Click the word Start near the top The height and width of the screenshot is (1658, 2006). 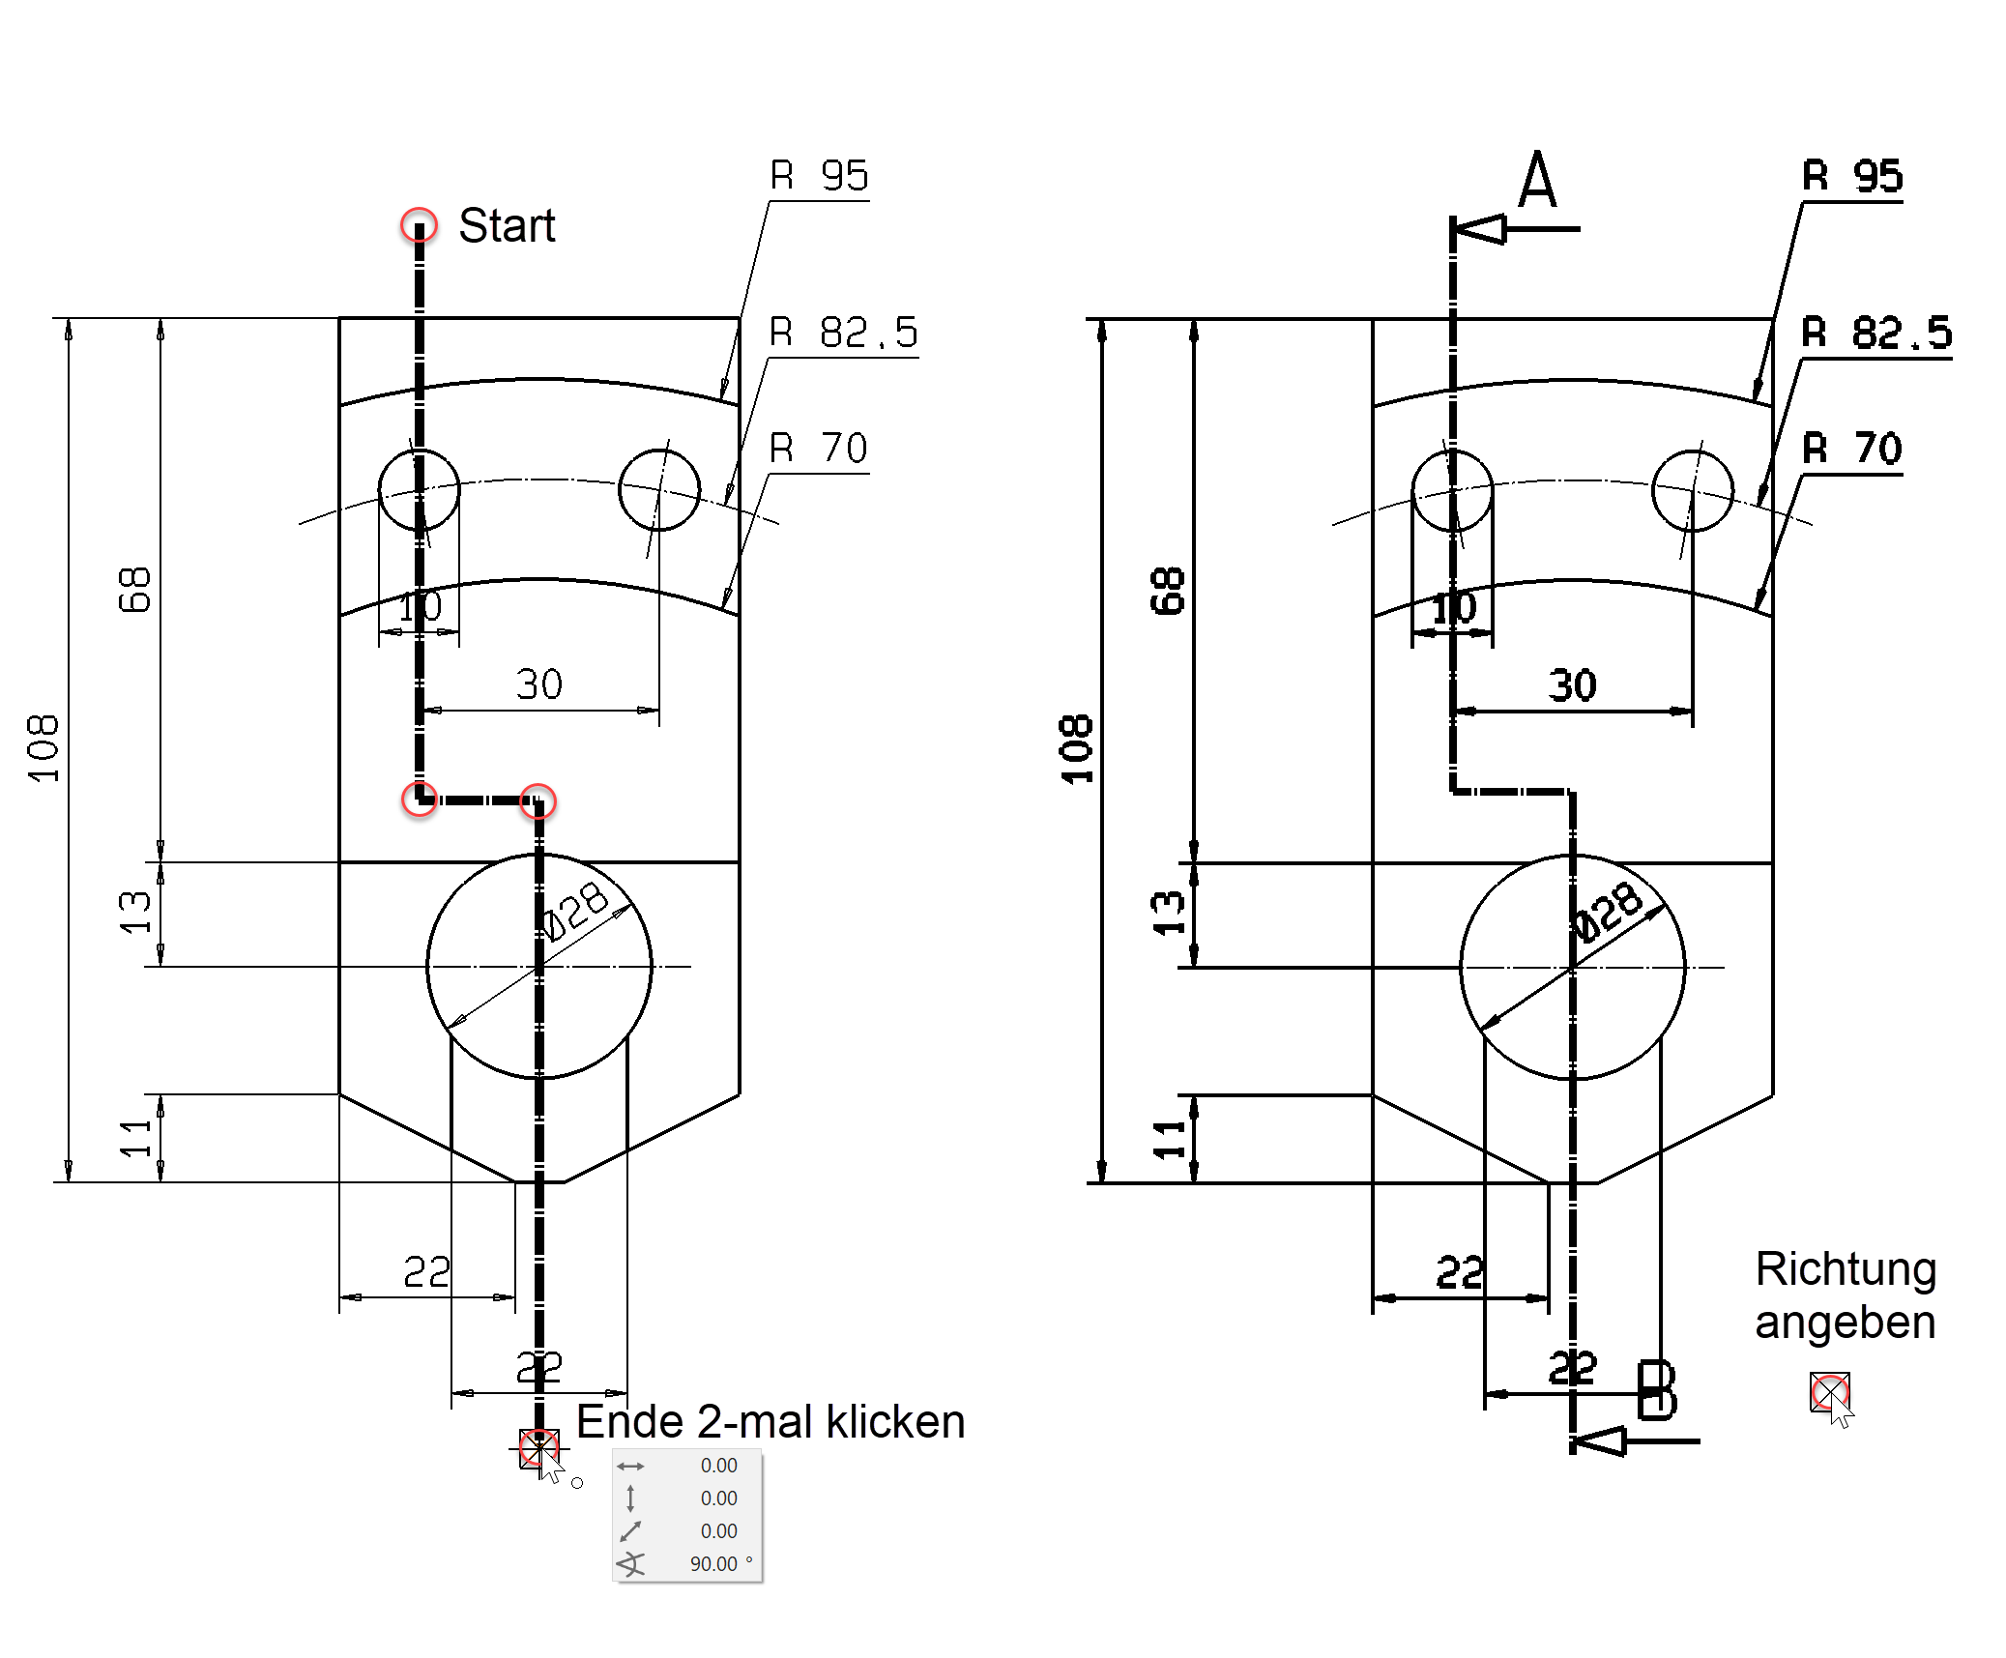point(506,226)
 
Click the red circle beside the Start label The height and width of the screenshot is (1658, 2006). point(419,225)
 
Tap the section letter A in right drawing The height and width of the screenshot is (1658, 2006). point(1537,181)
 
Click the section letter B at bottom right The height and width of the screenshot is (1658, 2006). point(1656,1391)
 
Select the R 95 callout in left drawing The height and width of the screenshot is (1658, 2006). point(819,176)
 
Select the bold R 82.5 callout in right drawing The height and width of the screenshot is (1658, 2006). point(1875,334)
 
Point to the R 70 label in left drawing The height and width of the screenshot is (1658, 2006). point(818,449)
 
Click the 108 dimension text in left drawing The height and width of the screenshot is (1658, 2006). point(44,749)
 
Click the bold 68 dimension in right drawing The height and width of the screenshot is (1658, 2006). point(1167,591)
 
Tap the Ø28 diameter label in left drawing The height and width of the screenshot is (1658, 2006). point(575,911)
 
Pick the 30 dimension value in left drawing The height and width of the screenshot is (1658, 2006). point(538,684)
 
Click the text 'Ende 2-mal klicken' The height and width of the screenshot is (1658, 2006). point(770,1422)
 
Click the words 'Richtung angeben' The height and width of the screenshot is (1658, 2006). point(1845,1295)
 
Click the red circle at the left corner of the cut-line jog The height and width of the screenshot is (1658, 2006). point(420,799)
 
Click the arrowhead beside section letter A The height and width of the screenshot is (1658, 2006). point(1480,229)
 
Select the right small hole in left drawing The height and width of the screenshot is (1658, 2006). point(659,490)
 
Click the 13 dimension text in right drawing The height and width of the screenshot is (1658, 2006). point(1168,914)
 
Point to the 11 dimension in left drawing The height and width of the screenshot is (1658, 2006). point(135,1138)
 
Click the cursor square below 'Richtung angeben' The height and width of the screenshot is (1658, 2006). point(1829,1392)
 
